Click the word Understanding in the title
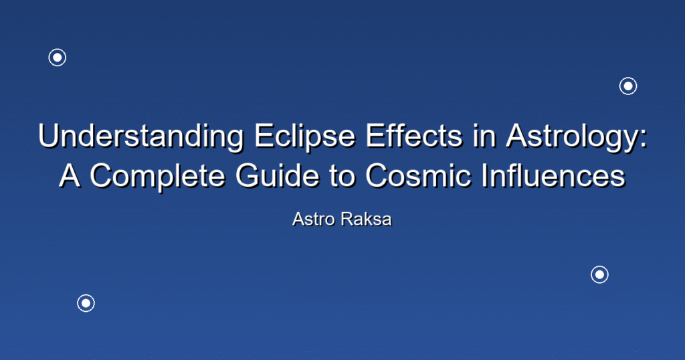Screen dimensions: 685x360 pyautogui.click(x=140, y=137)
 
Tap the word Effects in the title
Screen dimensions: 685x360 pyautogui.click(x=413, y=135)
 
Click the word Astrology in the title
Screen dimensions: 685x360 pyautogui.click(x=572, y=137)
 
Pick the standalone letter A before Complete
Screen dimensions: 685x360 pyautogui.click(x=70, y=175)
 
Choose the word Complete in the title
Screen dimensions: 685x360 pyautogui.click(x=157, y=177)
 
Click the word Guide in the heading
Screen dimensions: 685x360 pyautogui.click(x=278, y=175)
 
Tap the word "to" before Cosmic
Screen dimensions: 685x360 pyautogui.click(x=342, y=176)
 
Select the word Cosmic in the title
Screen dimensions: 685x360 pyautogui.click(x=418, y=175)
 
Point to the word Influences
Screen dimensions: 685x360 pyautogui.click(x=554, y=175)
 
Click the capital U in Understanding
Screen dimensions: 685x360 pyautogui.click(x=48, y=136)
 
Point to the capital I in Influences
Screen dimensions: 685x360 pyautogui.click(x=485, y=175)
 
